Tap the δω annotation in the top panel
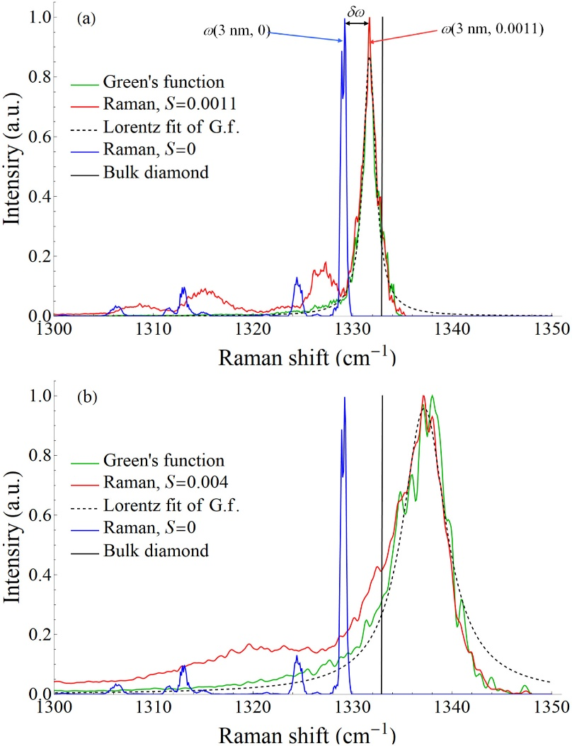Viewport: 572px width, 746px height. click(357, 11)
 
